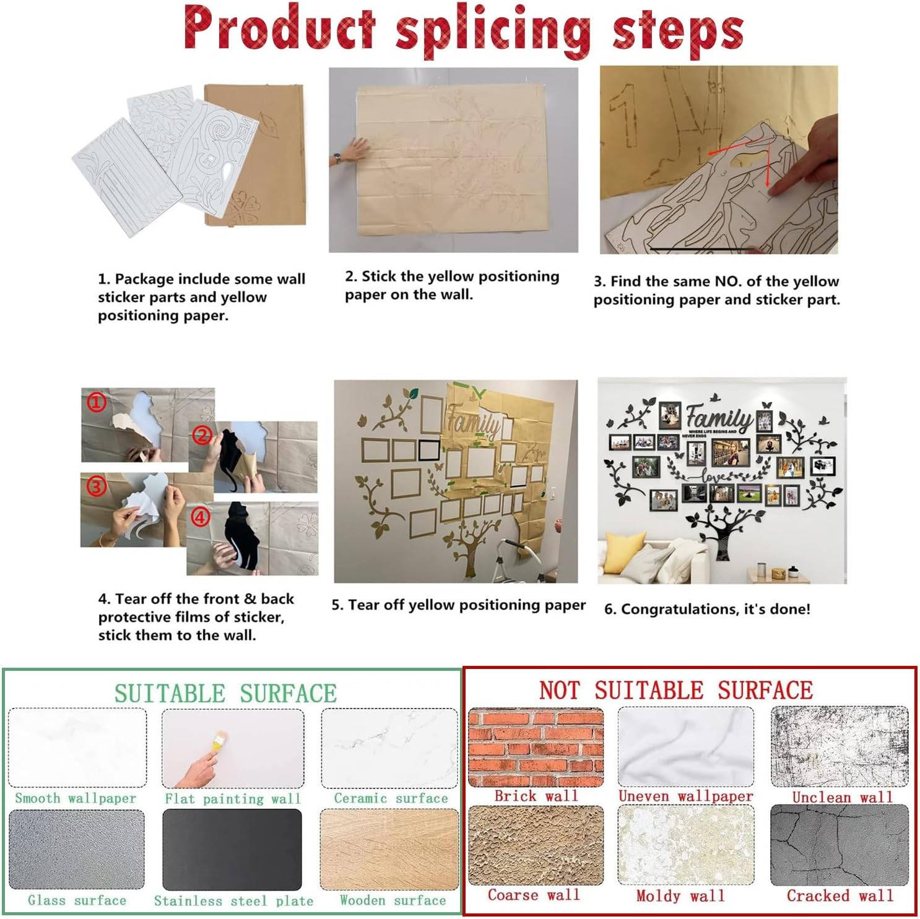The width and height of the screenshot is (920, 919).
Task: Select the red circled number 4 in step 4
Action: (200, 517)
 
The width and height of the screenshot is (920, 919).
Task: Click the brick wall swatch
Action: (536, 748)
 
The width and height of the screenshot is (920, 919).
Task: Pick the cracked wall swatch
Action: (840, 845)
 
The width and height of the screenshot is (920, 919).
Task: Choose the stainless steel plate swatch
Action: (232, 849)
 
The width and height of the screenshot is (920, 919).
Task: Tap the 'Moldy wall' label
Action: (680, 895)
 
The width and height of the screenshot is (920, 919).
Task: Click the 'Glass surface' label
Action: (77, 900)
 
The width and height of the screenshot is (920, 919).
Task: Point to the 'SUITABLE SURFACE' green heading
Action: (225, 693)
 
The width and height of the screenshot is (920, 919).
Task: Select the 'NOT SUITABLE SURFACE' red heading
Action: (675, 690)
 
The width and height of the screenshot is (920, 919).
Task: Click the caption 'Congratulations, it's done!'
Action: (707, 609)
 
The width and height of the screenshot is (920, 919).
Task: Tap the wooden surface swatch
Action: (389, 849)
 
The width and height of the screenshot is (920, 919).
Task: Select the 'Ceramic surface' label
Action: (391, 798)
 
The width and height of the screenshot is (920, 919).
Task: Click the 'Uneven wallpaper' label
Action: (686, 796)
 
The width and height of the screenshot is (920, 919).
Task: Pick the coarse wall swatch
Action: (536, 845)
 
